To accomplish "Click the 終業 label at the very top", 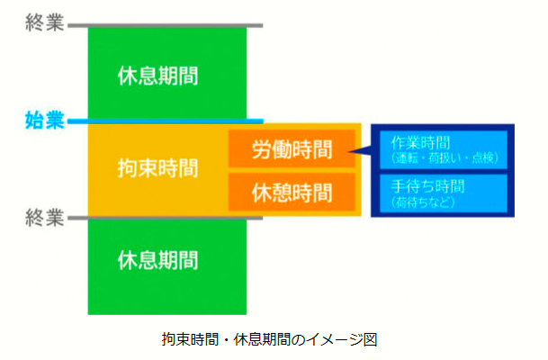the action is click(45, 22).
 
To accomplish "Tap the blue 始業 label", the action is click(45, 121).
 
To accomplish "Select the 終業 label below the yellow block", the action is click(45, 218).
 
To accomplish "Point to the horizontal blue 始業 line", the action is click(166, 121).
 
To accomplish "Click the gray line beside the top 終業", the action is click(166, 25).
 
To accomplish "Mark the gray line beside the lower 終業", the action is click(166, 218).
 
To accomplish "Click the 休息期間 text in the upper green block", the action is click(158, 76).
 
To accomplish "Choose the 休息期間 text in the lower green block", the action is click(158, 260).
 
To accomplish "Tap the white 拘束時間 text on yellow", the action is click(158, 167).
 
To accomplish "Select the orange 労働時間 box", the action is click(292, 148).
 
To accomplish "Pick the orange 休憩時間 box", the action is click(292, 193).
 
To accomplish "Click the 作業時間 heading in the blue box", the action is click(420, 142).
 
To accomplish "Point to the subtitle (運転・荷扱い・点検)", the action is click(445, 158).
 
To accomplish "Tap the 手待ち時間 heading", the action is click(427, 186).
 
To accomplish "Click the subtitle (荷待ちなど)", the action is click(423, 202).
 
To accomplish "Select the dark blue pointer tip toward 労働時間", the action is click(349, 151).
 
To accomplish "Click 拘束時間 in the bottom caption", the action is click(190, 339).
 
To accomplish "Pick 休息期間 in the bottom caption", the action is click(262, 339).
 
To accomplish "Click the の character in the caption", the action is click(298, 339).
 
